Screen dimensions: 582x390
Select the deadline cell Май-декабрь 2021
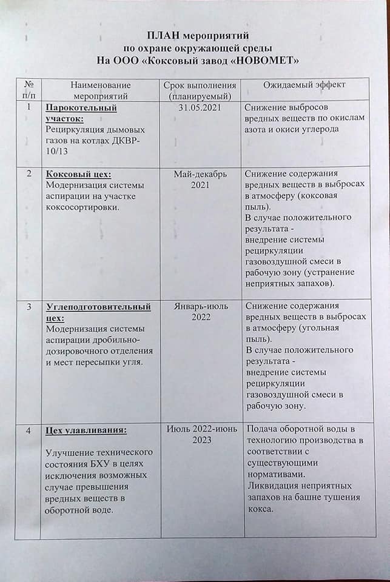[x=200, y=179]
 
